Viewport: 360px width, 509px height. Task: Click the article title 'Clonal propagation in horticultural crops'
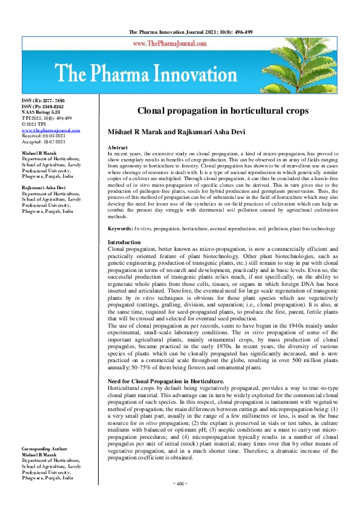[x=223, y=111]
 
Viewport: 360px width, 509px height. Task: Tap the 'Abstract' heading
[x=117, y=148]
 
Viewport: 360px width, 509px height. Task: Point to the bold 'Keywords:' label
[x=120, y=229]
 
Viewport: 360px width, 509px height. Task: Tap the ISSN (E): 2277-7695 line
[x=43, y=101]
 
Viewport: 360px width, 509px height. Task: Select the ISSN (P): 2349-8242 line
[x=43, y=106]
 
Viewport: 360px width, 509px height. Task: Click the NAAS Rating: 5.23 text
[x=41, y=112]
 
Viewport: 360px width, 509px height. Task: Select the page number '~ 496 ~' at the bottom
[x=180, y=501]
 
